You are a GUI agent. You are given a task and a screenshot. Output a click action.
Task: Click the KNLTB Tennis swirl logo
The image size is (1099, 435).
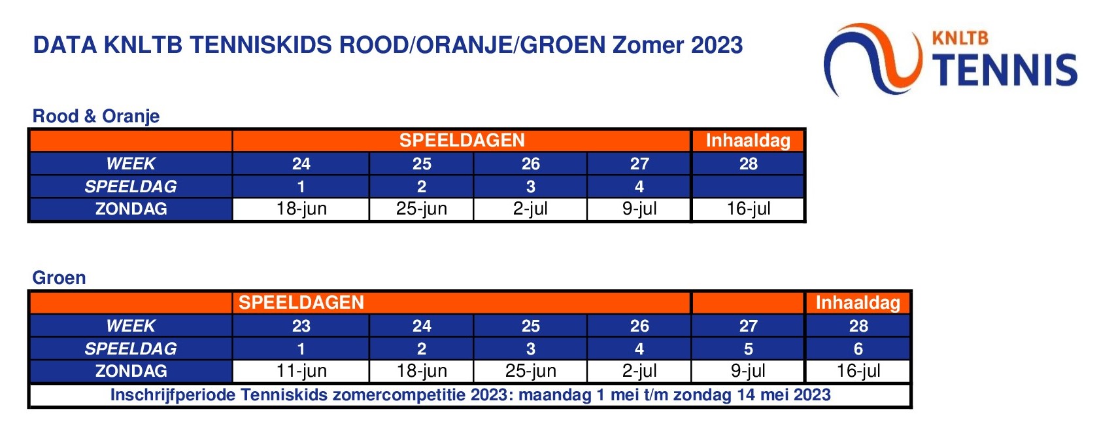tap(873, 60)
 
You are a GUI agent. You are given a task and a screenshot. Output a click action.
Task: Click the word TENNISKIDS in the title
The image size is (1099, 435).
tap(260, 45)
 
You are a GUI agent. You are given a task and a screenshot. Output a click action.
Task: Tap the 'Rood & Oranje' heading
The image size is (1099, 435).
tap(96, 116)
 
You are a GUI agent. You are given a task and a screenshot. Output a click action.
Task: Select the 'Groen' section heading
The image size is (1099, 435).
tap(59, 278)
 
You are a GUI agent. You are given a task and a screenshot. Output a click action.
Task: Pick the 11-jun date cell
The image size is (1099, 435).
tap(301, 371)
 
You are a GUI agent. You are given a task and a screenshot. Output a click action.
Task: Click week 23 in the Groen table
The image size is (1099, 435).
tap(301, 326)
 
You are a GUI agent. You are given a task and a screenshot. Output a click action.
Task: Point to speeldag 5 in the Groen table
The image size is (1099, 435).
tap(748, 349)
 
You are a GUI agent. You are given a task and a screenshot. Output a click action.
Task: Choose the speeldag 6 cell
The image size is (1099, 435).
tap(858, 349)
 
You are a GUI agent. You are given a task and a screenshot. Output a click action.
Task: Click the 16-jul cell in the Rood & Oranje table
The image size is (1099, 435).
tap(748, 209)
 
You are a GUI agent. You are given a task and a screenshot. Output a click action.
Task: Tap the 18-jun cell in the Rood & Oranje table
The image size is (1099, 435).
tap(301, 209)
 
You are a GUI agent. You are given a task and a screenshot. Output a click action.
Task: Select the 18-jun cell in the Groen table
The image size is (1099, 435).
tap(422, 371)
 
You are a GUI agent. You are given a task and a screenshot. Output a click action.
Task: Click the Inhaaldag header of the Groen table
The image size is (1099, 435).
tap(858, 303)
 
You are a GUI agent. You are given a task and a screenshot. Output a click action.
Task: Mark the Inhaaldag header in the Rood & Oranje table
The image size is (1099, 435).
tap(748, 141)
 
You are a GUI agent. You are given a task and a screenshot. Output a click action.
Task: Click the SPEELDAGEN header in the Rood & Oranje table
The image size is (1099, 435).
tap(462, 141)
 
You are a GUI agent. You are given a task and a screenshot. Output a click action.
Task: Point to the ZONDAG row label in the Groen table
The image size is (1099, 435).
tap(131, 371)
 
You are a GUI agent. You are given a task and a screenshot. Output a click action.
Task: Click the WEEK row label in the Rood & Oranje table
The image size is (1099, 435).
tap(131, 164)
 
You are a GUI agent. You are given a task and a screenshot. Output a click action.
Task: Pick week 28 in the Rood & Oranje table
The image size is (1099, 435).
tap(748, 164)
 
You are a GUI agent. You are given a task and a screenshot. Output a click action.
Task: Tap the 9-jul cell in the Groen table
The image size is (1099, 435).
tap(748, 371)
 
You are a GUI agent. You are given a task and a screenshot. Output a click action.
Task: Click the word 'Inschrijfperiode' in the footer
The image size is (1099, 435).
tap(173, 395)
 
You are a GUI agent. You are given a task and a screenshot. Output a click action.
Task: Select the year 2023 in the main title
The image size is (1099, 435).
tap(717, 45)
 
